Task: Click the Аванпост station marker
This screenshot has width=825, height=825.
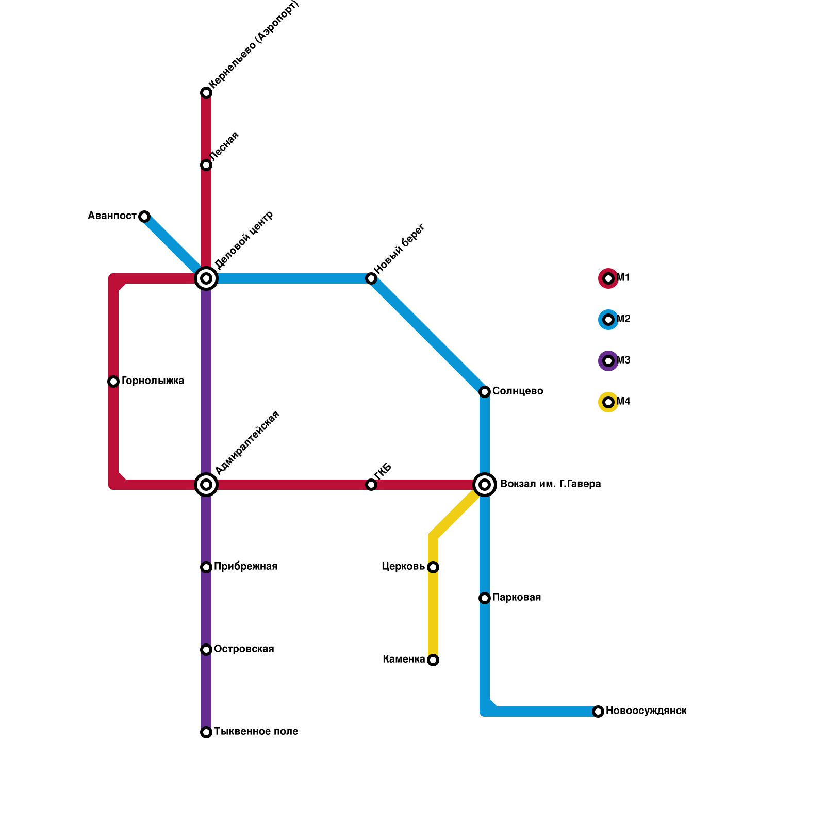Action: (144, 217)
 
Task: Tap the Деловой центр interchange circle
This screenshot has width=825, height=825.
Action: (206, 278)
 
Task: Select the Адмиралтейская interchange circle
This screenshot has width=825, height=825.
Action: (206, 485)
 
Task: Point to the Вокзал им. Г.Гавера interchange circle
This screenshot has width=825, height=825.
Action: (485, 485)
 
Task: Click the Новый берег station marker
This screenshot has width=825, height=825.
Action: (371, 278)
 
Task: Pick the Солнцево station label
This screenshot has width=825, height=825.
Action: (518, 391)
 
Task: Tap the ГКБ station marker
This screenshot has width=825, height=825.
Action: (371, 485)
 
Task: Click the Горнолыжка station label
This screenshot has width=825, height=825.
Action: (153, 381)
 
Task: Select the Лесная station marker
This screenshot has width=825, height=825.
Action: (206, 165)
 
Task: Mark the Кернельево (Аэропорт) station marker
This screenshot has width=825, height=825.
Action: (206, 93)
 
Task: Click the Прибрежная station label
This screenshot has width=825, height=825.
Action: (245, 567)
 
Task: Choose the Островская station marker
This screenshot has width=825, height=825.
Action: (206, 650)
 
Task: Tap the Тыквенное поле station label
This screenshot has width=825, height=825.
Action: (256, 732)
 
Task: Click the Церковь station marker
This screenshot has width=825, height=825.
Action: (433, 567)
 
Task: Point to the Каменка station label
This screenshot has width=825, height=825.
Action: (404, 659)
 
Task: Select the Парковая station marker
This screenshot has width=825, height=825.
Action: (485, 598)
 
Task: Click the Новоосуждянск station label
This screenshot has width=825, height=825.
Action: (646, 711)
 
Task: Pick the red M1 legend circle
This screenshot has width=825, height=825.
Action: (608, 278)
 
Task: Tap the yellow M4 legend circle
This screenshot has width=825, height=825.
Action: (608, 402)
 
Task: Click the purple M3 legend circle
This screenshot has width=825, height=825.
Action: (608, 361)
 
